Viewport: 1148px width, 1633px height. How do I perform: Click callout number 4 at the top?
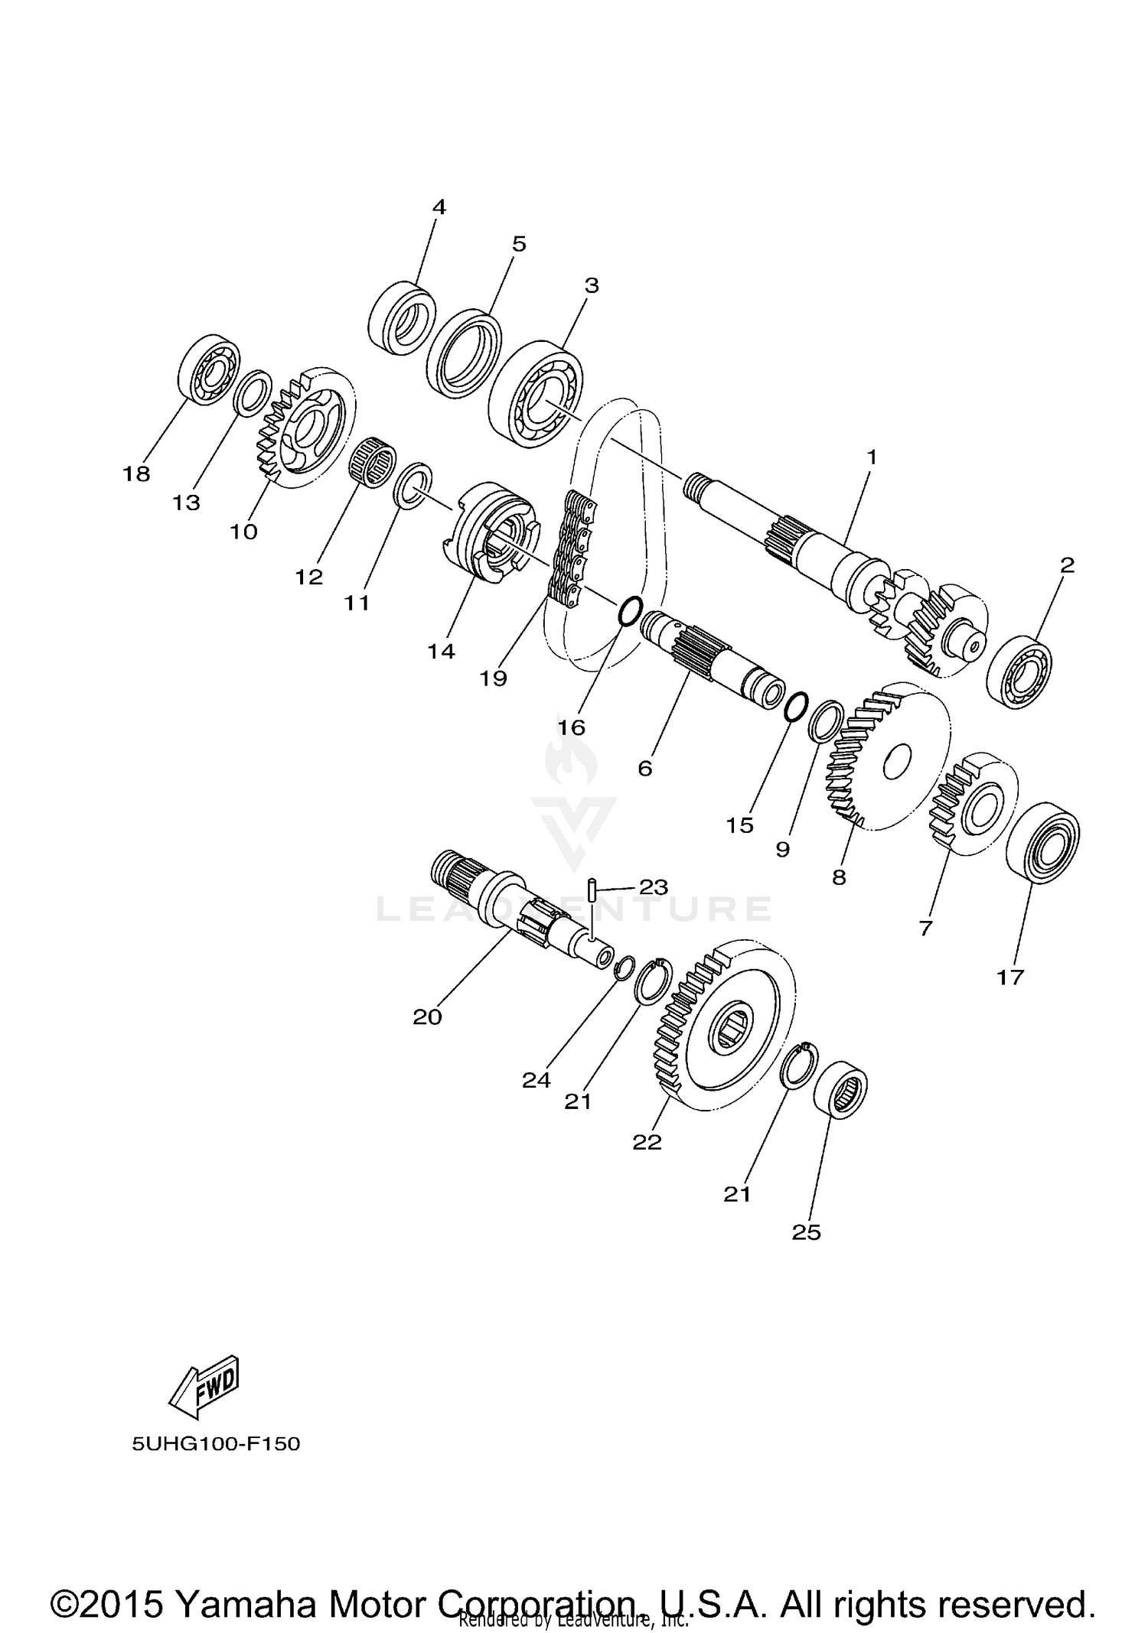(439, 207)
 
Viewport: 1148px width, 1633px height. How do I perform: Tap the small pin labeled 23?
(593, 890)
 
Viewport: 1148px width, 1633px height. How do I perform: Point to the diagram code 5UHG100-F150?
(216, 1444)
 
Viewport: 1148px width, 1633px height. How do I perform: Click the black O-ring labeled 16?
(628, 611)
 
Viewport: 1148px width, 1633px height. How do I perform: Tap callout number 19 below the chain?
(494, 678)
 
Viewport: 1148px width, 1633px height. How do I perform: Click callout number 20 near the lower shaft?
(427, 1017)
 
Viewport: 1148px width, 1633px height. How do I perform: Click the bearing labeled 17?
(1042, 842)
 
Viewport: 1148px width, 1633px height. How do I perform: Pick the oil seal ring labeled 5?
(464, 355)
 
